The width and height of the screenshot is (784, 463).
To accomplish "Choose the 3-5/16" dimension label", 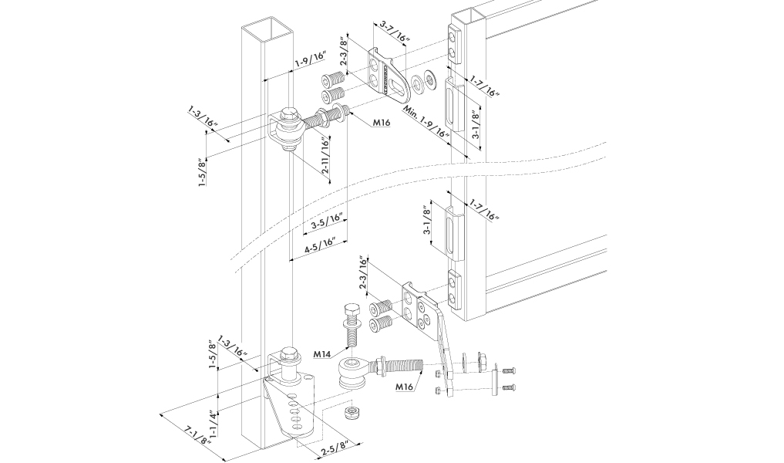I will point(327,225).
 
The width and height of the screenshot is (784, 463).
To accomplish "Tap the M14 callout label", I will point(323,354).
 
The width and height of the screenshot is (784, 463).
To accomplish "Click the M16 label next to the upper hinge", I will point(382,122).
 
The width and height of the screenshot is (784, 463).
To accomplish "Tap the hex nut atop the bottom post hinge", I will point(290,355).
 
